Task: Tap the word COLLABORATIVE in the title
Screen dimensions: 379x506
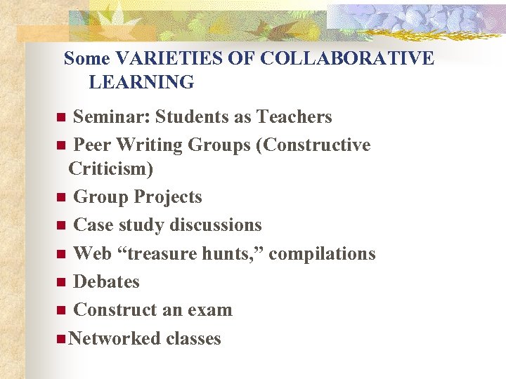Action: click(x=347, y=58)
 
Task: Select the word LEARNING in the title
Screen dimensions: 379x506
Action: click(x=141, y=83)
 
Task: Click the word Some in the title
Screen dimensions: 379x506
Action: click(x=87, y=58)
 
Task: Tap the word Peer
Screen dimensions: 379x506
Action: click(x=91, y=145)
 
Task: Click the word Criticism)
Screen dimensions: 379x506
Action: click(x=111, y=169)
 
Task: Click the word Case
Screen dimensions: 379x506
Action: click(x=93, y=225)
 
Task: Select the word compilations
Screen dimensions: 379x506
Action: click(x=322, y=253)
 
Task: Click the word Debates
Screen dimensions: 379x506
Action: click(x=106, y=282)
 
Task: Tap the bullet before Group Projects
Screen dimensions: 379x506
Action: click(x=61, y=198)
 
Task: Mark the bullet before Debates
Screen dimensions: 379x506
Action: click(x=61, y=283)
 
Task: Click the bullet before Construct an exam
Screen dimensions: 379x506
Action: click(x=61, y=311)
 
